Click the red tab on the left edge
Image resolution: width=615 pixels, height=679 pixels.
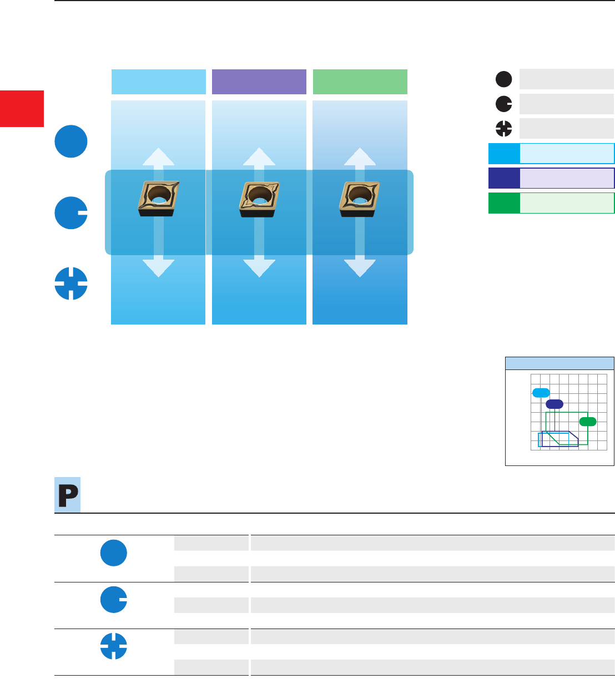pyautogui.click(x=22, y=108)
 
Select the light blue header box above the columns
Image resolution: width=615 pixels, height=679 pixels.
pyautogui.click(x=158, y=82)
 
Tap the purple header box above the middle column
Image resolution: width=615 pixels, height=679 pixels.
pyautogui.click(x=259, y=82)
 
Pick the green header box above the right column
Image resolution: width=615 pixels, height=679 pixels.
pyautogui.click(x=360, y=82)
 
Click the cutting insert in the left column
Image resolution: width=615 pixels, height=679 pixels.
pyautogui.click(x=158, y=198)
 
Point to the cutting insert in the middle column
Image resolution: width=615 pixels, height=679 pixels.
pyautogui.click(x=259, y=198)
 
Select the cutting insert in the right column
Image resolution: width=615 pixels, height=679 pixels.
pyautogui.click(x=360, y=198)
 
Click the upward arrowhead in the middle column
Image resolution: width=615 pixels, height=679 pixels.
pyautogui.click(x=259, y=156)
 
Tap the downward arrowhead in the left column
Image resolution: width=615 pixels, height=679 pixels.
pyautogui.click(x=158, y=268)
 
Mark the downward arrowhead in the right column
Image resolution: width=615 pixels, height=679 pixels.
pyautogui.click(x=360, y=268)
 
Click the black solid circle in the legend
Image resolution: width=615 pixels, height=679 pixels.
pyautogui.click(x=503, y=80)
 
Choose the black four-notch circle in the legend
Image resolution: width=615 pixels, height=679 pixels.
pyautogui.click(x=503, y=129)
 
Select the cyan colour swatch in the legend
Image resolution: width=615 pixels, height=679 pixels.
pyautogui.click(x=504, y=154)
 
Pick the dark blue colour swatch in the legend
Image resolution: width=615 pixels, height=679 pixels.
pyautogui.click(x=504, y=178)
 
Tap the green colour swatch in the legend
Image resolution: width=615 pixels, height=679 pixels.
pyautogui.click(x=504, y=203)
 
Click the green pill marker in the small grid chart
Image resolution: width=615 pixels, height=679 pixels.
pyautogui.click(x=588, y=422)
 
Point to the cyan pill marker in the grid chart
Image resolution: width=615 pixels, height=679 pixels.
pyautogui.click(x=541, y=393)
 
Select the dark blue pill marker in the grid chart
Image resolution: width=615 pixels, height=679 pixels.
pyautogui.click(x=554, y=404)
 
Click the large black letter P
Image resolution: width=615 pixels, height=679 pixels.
pyautogui.click(x=68, y=495)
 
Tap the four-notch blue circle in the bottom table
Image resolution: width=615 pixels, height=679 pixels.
pyautogui.click(x=114, y=646)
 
